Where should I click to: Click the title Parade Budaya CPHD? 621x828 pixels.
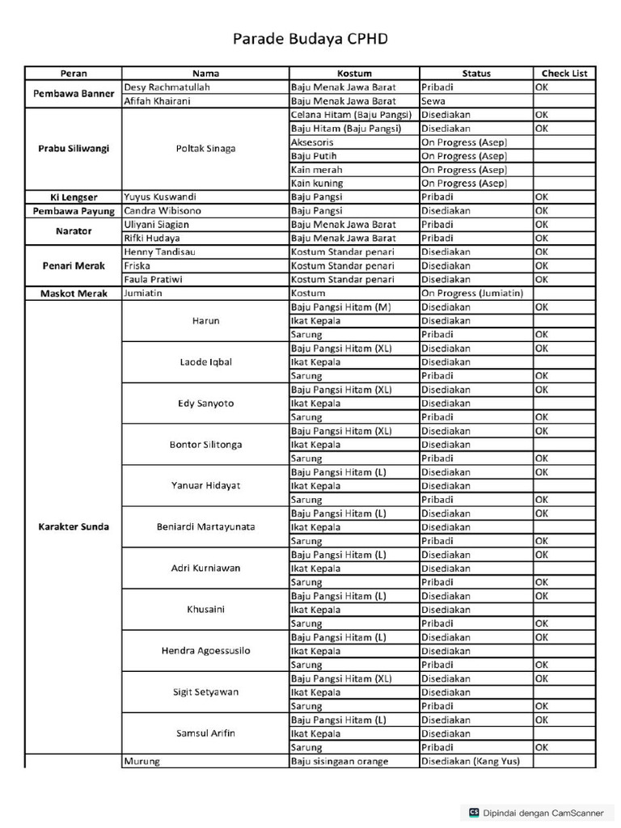(310, 39)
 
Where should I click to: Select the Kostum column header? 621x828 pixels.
(354, 73)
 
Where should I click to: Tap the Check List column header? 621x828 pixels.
(564, 73)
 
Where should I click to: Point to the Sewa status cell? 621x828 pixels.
(433, 101)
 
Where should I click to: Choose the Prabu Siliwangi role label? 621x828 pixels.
(74, 149)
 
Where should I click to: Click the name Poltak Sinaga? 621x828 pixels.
(205, 149)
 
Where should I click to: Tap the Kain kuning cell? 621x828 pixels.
(316, 184)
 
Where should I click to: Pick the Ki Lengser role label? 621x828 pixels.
(74, 197)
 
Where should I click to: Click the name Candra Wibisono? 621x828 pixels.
(163, 211)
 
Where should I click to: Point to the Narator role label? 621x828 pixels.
(74, 231)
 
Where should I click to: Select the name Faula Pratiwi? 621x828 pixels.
(153, 280)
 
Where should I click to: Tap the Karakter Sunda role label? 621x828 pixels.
(74, 527)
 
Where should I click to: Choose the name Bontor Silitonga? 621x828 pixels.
(205, 445)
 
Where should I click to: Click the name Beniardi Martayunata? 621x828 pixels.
(205, 527)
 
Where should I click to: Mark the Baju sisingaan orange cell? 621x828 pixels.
(340, 762)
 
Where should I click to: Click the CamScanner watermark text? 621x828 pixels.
(543, 813)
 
